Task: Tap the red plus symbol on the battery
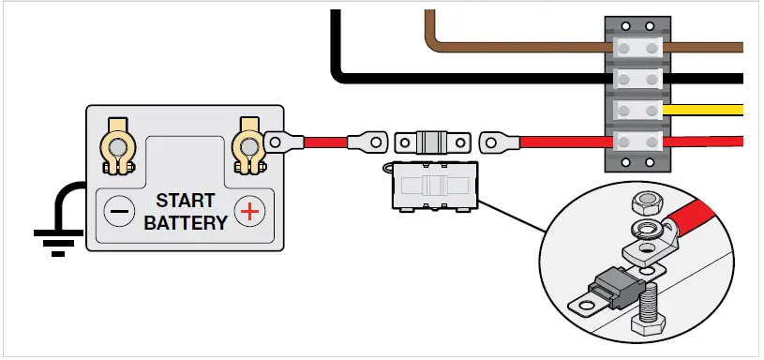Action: pyautogui.click(x=248, y=212)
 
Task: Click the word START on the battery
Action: pyautogui.click(x=185, y=201)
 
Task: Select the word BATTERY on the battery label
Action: pyautogui.click(x=185, y=222)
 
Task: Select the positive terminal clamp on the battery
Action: pyautogui.click(x=248, y=145)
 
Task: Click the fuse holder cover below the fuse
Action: pyautogui.click(x=431, y=184)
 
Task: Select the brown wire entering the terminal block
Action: pyautogui.click(x=525, y=42)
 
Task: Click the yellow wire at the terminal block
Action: pyautogui.click(x=708, y=110)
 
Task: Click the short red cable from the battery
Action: pyautogui.click(x=322, y=142)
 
